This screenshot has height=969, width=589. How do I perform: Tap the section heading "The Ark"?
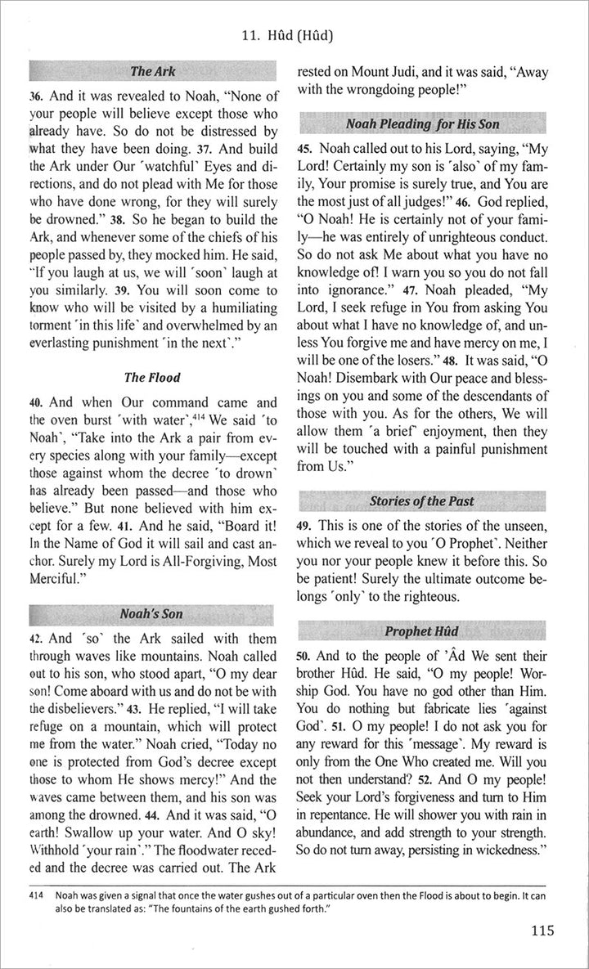[x=152, y=71]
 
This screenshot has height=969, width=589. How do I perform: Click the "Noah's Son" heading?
[x=151, y=612]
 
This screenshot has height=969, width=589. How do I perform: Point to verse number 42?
[x=37, y=638]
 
